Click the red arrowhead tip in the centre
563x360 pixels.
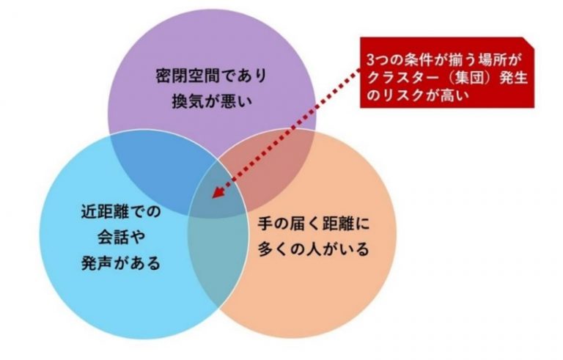[213, 198]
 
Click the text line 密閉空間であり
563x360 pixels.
[211, 76]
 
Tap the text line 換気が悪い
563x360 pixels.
[212, 102]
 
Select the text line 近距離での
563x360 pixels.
[121, 212]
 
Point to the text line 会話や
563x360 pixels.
[122, 238]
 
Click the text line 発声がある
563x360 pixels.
[121, 263]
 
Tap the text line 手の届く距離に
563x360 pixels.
[314, 224]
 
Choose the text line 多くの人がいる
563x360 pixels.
[314, 250]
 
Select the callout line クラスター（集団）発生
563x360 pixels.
[446, 78]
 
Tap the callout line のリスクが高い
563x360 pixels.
[418, 95]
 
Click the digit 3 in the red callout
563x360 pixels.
[370, 60]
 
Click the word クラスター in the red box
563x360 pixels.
[406, 78]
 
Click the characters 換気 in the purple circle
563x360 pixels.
[188, 102]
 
